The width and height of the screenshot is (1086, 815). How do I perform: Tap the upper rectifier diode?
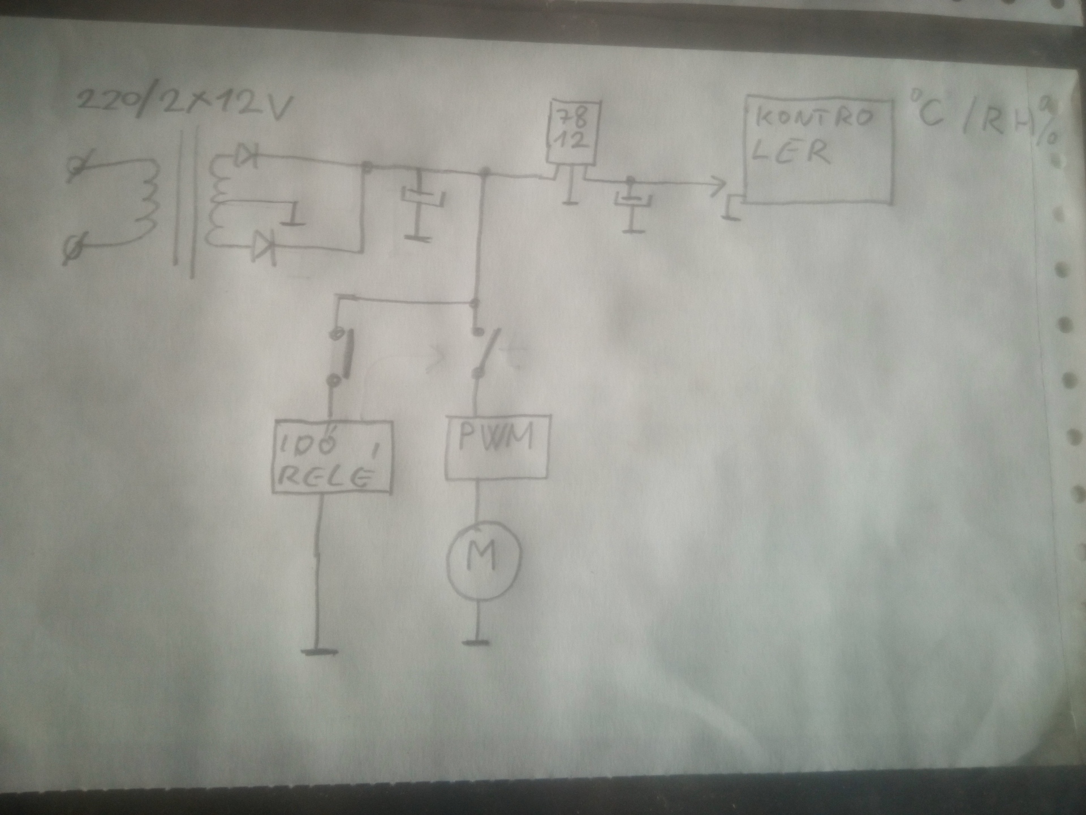point(247,156)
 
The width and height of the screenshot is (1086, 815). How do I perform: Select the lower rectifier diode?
point(264,247)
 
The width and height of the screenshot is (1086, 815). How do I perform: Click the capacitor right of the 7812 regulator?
point(632,201)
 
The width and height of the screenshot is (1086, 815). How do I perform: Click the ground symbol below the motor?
point(476,642)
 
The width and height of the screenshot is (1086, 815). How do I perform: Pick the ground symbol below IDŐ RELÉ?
point(319,651)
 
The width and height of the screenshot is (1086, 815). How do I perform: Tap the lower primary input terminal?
point(72,248)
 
